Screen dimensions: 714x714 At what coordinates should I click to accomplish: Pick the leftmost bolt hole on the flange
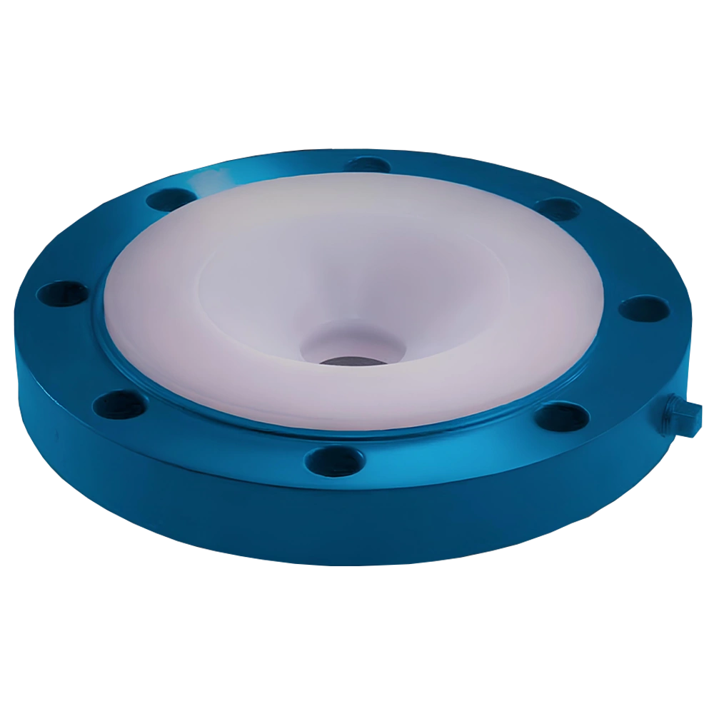(x=63, y=293)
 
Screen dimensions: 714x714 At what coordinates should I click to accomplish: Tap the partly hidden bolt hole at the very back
(x=366, y=164)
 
